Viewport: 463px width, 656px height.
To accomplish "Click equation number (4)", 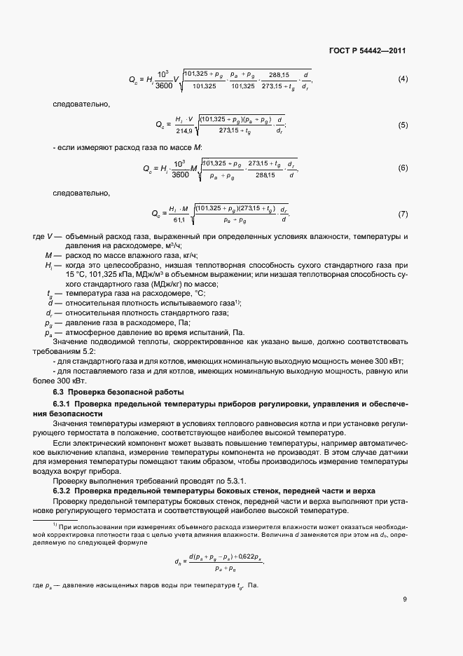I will point(403,78).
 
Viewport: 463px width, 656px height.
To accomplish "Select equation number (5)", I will point(403,125).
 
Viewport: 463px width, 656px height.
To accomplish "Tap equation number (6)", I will point(403,168).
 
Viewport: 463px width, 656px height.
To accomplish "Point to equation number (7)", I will point(403,213).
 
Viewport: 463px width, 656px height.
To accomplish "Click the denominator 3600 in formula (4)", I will point(163,85).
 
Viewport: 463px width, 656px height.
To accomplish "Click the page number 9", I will point(405,599).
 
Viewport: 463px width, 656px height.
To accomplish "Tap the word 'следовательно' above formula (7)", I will point(77,192).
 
